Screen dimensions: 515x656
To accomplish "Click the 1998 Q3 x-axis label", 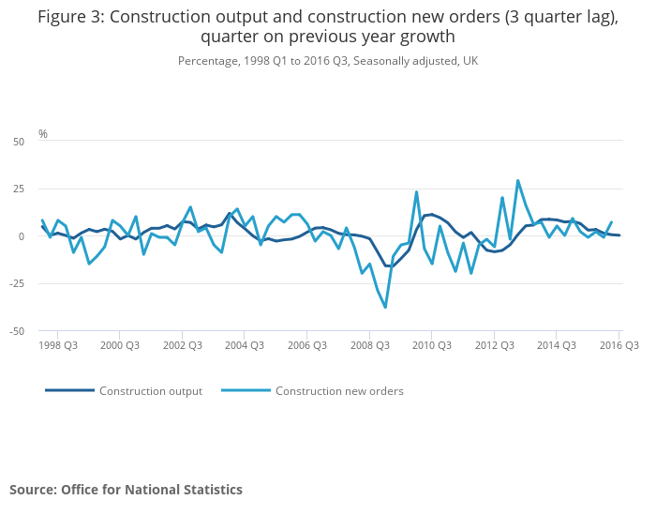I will click(x=57, y=345).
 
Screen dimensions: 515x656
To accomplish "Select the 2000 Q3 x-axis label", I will click(x=119, y=345).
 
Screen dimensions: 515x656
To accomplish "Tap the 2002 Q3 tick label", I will click(x=182, y=345).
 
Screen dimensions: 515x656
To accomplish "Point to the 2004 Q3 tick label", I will click(x=244, y=345).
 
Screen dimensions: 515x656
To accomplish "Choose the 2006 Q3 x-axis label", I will click(x=306, y=345).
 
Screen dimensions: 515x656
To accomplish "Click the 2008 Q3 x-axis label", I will click(x=369, y=345).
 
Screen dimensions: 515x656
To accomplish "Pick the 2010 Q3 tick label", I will click(x=431, y=345).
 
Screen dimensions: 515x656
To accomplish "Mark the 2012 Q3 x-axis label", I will click(x=494, y=345).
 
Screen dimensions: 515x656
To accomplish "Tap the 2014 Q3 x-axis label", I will click(x=556, y=345).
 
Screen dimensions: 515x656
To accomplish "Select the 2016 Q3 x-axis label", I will click(x=619, y=345).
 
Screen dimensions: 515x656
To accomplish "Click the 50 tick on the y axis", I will click(x=19, y=142).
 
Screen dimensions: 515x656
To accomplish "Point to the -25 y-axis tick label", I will click(x=17, y=283).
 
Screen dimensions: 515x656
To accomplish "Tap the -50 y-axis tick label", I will click(x=17, y=331).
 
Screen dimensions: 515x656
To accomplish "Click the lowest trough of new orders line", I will click(x=385, y=307).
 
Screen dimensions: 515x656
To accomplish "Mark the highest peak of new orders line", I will click(x=517, y=181).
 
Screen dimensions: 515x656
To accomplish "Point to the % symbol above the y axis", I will click(x=43, y=134).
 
